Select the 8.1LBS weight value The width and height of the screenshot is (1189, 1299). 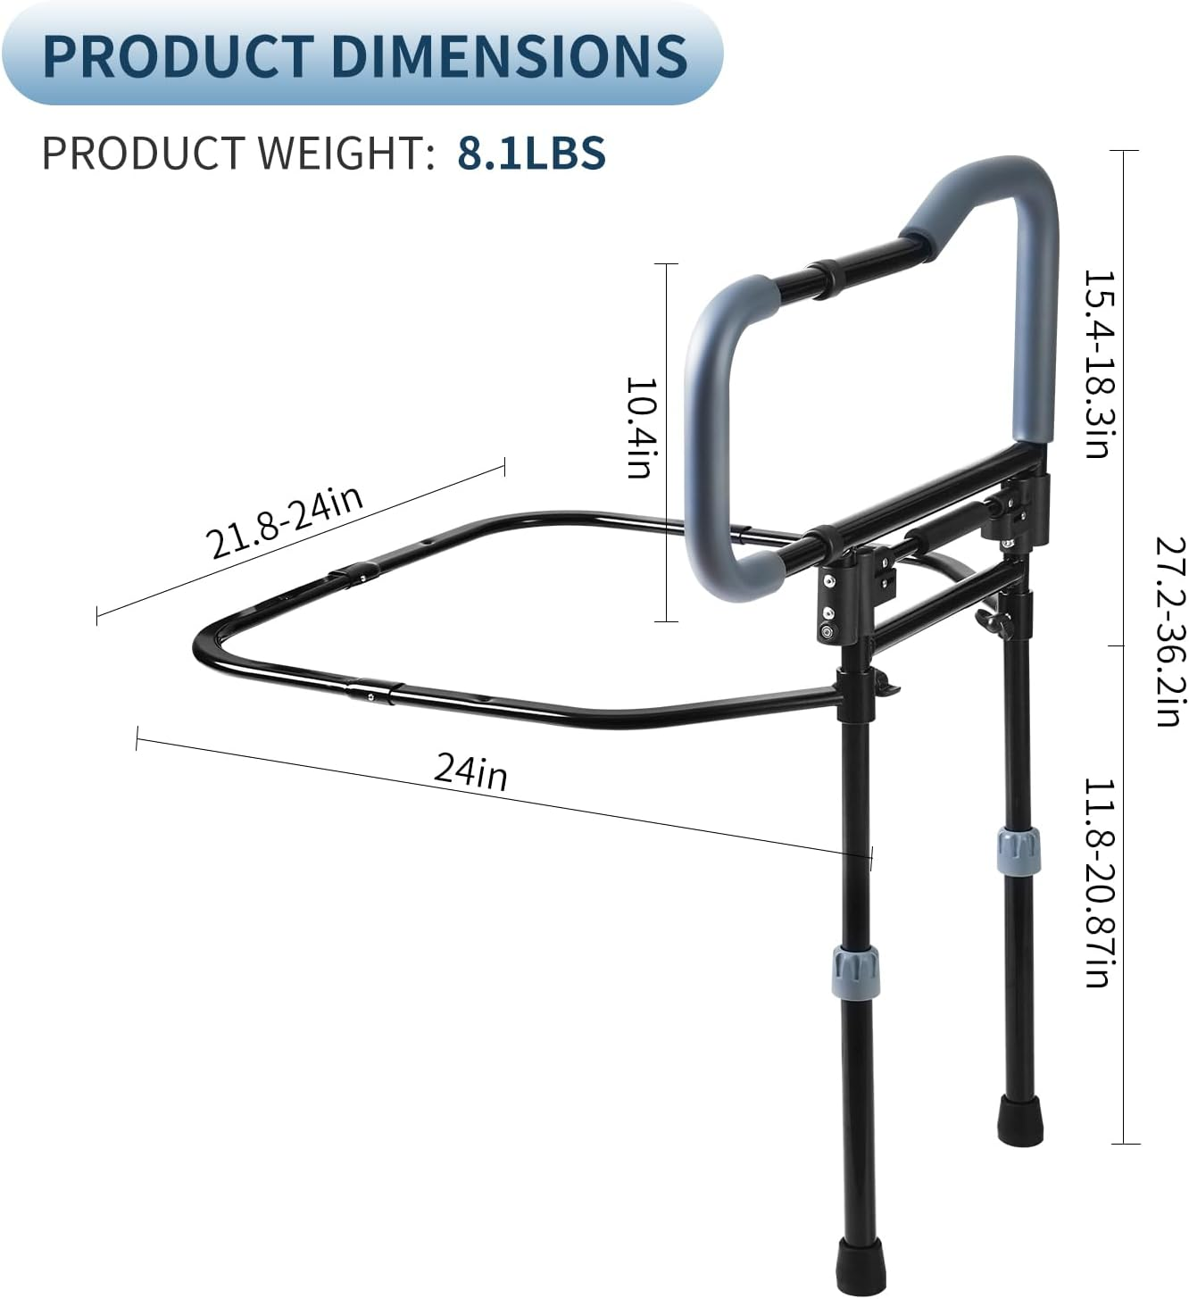pos(532,153)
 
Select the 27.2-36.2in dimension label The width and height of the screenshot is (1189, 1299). pos(1168,631)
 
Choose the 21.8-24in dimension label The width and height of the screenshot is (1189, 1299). pos(285,521)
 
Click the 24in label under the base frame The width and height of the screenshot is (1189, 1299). pos(471,770)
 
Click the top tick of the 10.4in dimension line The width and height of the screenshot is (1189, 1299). pos(666,264)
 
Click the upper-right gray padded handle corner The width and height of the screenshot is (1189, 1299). pos(1027,183)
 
